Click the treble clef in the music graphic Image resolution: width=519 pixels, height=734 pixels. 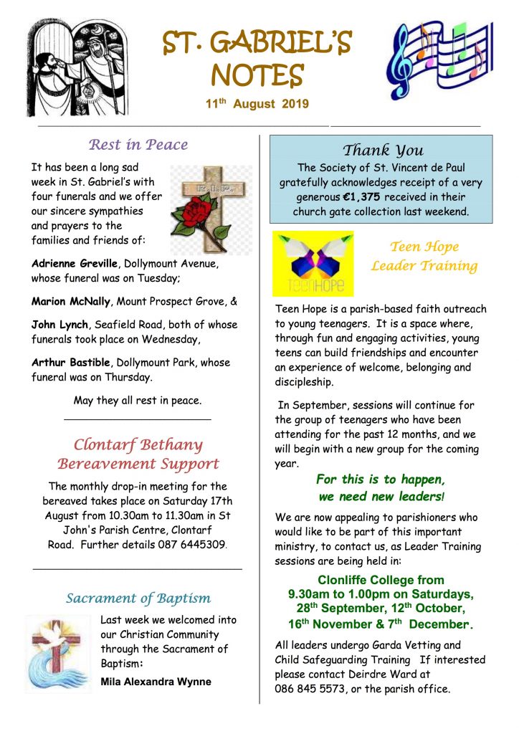pos(402,54)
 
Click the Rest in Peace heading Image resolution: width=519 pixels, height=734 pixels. pos(138,145)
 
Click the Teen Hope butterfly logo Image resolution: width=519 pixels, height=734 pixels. pos(313,263)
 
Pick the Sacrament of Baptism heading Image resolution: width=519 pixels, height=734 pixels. pos(138,598)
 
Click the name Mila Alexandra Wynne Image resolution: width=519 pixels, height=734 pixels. pos(156,681)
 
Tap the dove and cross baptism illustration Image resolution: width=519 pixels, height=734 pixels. pos(59,652)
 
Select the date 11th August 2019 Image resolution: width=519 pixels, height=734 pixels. pos(257,105)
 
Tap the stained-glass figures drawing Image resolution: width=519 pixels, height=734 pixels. pos(75,68)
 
